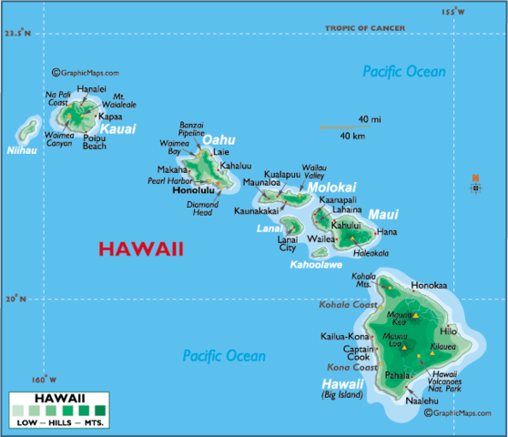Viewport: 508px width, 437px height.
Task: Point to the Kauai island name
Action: [x=117, y=130]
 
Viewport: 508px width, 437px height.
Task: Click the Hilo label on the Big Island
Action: [x=448, y=330]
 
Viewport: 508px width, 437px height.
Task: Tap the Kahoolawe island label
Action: [x=314, y=265]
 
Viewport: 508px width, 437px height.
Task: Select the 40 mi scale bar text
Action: [x=369, y=119]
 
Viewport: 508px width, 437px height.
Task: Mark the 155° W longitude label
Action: [x=452, y=11]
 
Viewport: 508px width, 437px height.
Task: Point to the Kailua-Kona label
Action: [x=344, y=336]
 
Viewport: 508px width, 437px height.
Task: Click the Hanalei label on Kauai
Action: [x=91, y=88]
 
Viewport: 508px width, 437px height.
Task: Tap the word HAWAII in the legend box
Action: [x=59, y=398]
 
